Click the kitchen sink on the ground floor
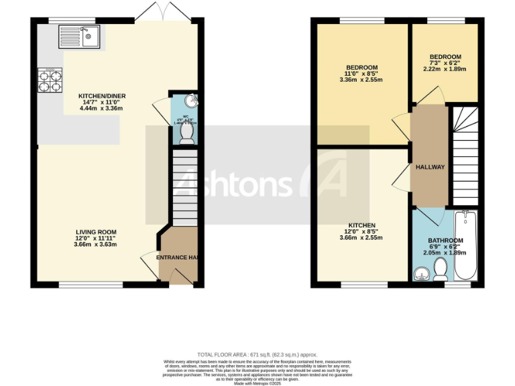[78, 38]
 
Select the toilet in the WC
[186, 135]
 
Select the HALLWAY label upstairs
[430, 167]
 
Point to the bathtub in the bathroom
[466, 246]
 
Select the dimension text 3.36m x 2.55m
[361, 80]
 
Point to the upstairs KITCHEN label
[361, 225]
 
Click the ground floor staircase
[185, 188]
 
